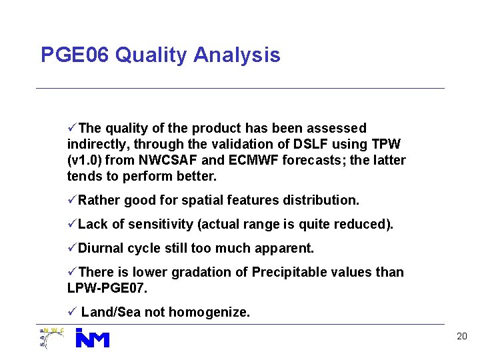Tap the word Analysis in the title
tap(237, 55)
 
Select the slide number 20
tap(461, 337)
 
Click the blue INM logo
tap(92, 338)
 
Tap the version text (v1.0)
tap(87, 160)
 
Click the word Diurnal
tap(101, 248)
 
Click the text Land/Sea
tap(107, 312)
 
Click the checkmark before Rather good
tap(72, 200)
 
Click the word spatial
tap(194, 200)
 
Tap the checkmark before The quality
tap(72, 128)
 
